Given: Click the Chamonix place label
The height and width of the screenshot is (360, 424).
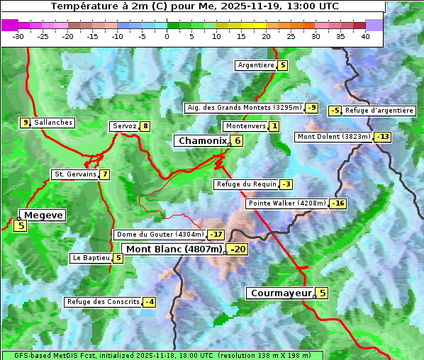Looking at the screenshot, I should point(202,141).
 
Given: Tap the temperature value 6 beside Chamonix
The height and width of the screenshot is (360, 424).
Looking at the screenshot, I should point(238,141).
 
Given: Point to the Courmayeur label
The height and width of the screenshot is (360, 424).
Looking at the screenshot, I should point(281,293).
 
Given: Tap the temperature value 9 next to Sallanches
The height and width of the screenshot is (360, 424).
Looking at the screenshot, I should point(25,123).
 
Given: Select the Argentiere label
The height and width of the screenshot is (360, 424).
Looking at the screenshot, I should point(256,65).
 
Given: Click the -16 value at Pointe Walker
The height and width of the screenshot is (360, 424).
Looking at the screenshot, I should point(337,203).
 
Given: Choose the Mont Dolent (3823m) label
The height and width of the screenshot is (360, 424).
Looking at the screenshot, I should point(334,137).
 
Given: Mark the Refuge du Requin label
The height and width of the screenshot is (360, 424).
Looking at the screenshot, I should point(246,184).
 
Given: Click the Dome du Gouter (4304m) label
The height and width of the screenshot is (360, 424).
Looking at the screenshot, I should point(160,235).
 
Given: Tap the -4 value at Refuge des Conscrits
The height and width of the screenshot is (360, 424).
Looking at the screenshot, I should point(149,302).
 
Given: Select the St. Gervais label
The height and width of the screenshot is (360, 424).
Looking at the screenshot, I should point(74,174).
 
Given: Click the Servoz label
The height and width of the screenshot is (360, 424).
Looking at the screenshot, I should point(124,126).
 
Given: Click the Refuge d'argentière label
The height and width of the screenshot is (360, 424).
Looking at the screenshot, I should point(379,111).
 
